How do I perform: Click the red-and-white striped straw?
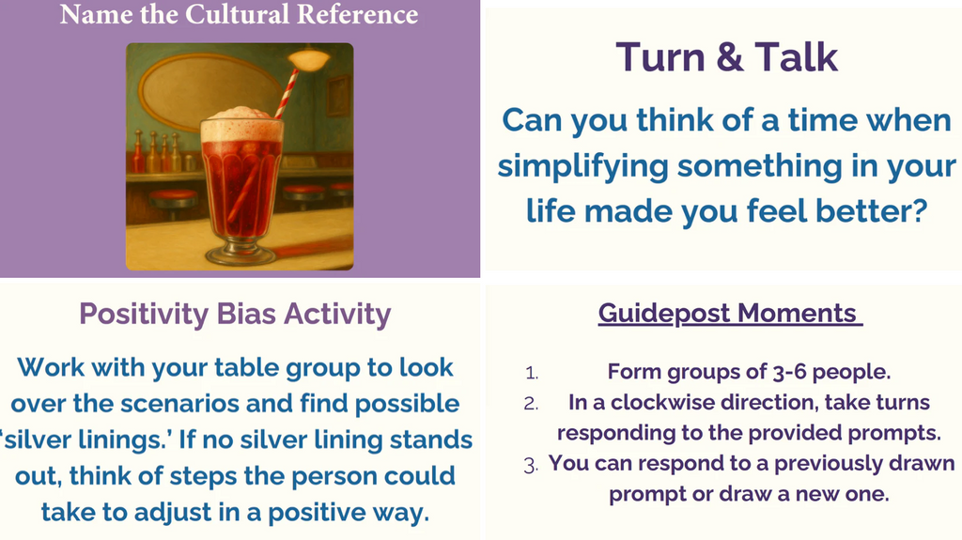[x=287, y=93]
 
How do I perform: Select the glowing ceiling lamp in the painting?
[x=309, y=59]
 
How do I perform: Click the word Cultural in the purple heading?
[x=238, y=15]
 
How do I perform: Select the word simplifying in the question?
[x=582, y=166]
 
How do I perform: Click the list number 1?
[x=532, y=373]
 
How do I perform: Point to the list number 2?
[x=531, y=403]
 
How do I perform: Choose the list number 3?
[x=531, y=465]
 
